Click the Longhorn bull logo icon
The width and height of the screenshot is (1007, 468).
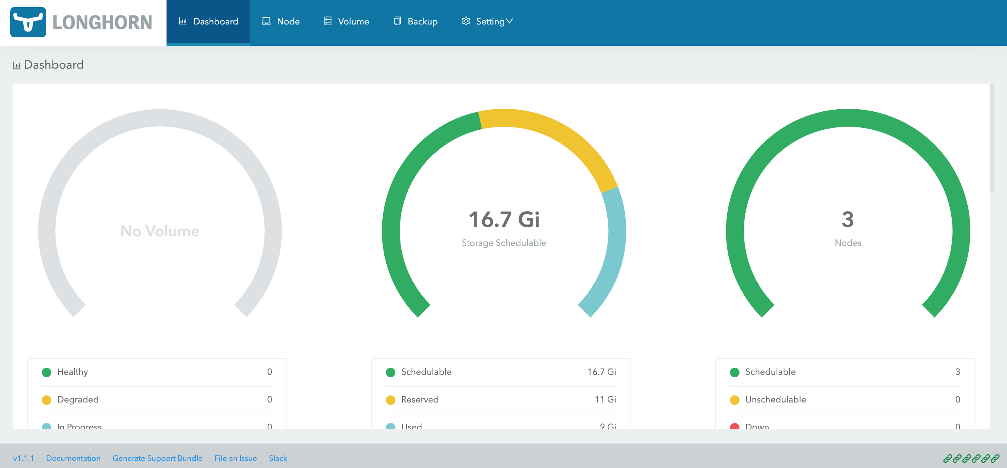coord(28,22)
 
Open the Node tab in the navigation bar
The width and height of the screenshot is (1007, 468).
coord(281,21)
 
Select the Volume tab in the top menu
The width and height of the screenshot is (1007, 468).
coord(346,21)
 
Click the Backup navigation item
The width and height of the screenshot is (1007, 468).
coord(416,21)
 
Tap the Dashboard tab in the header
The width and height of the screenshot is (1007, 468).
coord(208,21)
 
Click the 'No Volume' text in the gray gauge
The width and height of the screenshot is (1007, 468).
coord(160,231)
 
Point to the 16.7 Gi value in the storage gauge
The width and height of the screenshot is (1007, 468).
coord(504,219)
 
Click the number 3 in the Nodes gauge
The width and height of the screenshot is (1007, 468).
coord(848,219)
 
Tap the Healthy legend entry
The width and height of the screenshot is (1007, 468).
coord(73,372)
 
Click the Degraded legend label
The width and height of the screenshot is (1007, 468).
coord(78,399)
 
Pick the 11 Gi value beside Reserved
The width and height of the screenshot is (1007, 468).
coord(605,399)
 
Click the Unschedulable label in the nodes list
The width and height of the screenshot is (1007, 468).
coord(775,399)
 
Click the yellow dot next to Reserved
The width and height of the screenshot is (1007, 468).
coord(391,400)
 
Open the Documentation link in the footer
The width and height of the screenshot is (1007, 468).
coord(73,458)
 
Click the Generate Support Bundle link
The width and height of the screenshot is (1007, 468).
coord(157,458)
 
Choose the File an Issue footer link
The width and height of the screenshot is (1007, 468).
coord(236,458)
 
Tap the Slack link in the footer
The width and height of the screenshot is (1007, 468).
coord(278,458)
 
